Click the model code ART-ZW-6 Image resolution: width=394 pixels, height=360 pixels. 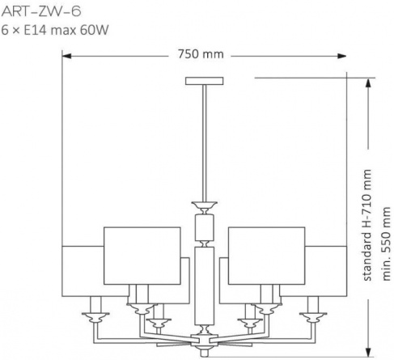point(41,12)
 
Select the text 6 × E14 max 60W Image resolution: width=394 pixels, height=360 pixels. point(55,30)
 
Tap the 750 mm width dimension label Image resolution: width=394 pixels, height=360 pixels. point(201,54)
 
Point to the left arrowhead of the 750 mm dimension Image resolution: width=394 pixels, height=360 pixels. point(66,56)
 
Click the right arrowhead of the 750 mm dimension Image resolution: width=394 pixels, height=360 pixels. point(342,56)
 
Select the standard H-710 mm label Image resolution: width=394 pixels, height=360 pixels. point(367,225)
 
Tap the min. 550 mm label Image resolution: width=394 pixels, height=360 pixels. point(386,244)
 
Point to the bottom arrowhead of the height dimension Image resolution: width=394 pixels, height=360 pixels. point(368,351)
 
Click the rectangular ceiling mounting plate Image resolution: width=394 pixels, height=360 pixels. point(205,81)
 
